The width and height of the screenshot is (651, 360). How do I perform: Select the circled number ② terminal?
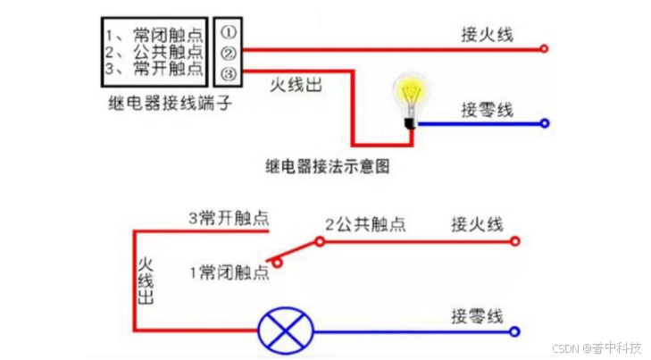[228, 53]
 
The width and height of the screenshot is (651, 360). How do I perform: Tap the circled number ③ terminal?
[228, 71]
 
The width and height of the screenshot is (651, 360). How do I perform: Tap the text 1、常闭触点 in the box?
[154, 36]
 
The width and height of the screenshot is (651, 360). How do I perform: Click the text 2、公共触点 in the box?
[154, 53]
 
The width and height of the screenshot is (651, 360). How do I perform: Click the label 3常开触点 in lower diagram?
[229, 217]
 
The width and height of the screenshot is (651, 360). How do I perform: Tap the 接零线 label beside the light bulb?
[487, 110]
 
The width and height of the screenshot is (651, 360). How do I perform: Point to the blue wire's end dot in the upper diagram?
[544, 124]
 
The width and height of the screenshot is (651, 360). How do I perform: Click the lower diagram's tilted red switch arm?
[298, 251]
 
